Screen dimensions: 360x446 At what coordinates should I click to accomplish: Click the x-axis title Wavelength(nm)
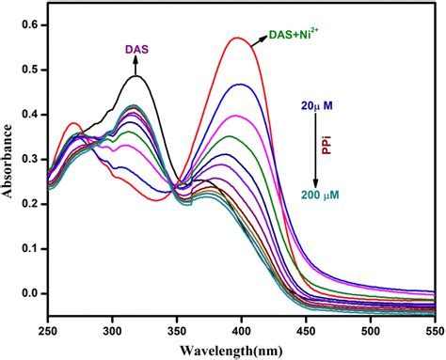click(240, 351)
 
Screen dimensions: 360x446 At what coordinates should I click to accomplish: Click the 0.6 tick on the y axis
click(30, 25)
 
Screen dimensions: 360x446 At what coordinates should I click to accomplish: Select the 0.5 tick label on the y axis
click(30, 70)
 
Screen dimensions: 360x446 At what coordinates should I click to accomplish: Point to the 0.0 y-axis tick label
click(30, 293)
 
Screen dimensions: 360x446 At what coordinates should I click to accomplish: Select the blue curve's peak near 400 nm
click(242, 85)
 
